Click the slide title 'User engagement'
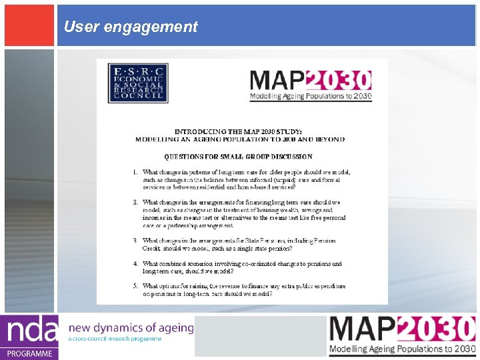click(131, 27)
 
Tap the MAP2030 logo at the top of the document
click(310, 85)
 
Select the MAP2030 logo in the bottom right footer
click(402, 336)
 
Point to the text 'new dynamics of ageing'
click(131, 327)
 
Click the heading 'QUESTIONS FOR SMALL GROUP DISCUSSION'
click(239, 157)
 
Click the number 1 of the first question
click(135, 172)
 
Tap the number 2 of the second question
click(135, 202)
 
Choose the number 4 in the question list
click(135, 264)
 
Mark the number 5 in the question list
click(135, 286)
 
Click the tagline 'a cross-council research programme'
click(115, 339)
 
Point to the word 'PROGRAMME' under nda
click(29, 353)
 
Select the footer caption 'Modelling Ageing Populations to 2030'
click(402, 349)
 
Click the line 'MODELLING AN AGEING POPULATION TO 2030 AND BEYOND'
click(240, 139)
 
